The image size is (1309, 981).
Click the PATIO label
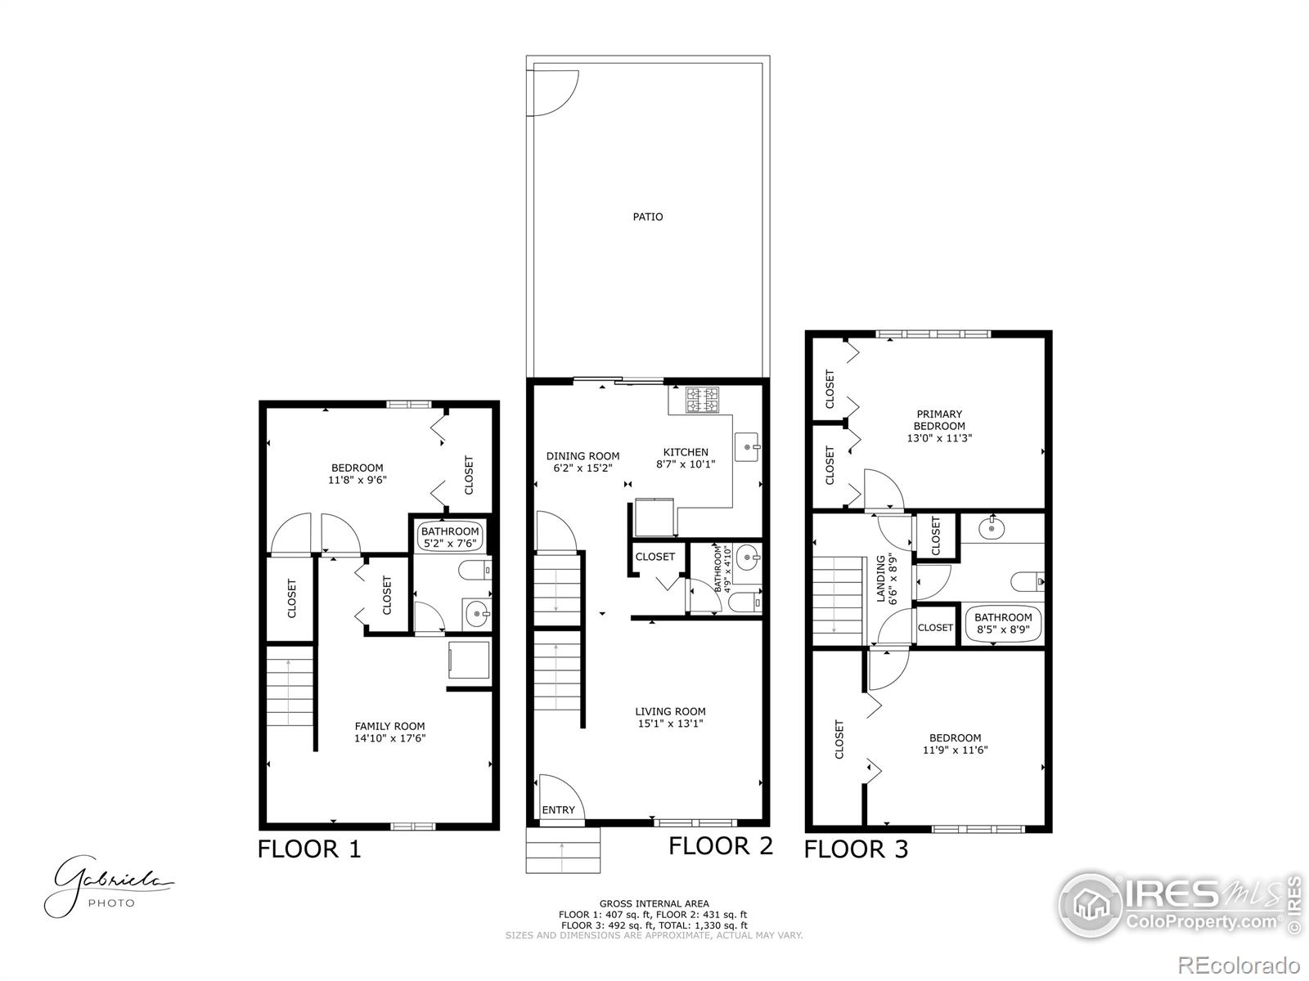point(648,217)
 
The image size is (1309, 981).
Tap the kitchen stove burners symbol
point(702,399)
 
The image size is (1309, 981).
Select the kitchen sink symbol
point(749,447)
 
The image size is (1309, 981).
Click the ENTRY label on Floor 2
point(559,810)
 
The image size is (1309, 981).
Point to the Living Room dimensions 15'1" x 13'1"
point(670,723)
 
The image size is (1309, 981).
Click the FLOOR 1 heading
point(309,849)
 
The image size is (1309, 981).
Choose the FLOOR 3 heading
point(856,849)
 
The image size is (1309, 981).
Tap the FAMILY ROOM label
point(389,726)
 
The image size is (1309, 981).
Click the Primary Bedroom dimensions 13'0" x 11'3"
point(939,438)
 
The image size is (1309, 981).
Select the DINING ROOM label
point(583,456)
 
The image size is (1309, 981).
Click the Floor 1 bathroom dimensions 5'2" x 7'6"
point(450,543)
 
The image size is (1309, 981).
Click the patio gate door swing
point(556,92)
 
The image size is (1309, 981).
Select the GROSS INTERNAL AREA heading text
point(654,903)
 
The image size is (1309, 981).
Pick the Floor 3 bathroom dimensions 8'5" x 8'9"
point(1003,630)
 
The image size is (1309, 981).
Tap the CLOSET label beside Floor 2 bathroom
point(655,557)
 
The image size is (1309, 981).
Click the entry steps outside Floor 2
point(563,851)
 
